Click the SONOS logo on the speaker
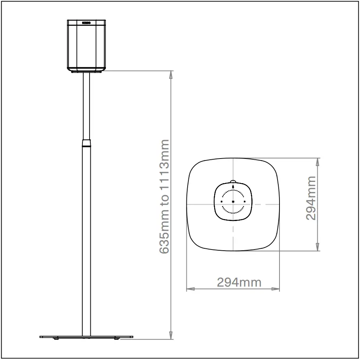[x=86, y=23]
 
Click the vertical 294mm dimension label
[x=311, y=198]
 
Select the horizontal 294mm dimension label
[x=239, y=282]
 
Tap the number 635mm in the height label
[x=165, y=235]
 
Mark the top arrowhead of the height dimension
[x=170, y=75]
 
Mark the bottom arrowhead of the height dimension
[x=170, y=335]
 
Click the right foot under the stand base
[x=116, y=339]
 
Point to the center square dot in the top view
[x=233, y=201]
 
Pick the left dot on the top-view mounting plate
[x=222, y=201]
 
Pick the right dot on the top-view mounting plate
[x=245, y=201]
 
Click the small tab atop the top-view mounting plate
[x=233, y=182]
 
